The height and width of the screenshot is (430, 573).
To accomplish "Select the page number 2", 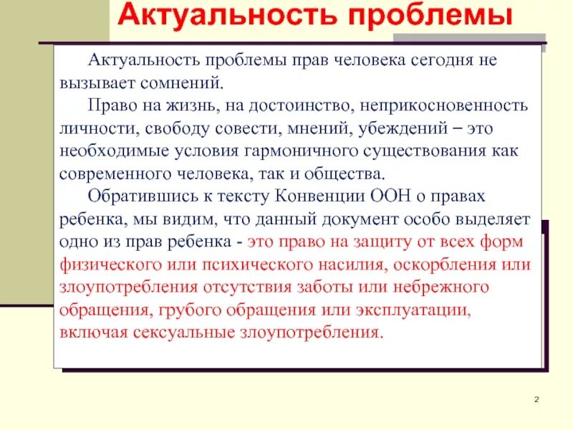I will coord(535,399).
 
